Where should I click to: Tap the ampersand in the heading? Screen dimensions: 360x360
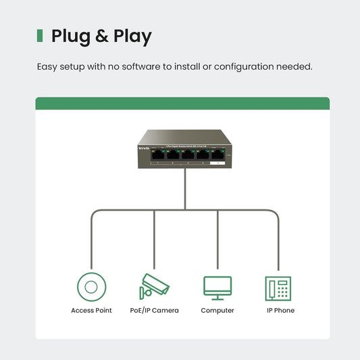pos(101,36)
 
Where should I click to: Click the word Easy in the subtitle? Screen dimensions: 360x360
pos(47,67)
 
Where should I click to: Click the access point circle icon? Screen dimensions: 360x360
pos(91,286)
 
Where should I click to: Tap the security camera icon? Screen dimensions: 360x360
pos(154,286)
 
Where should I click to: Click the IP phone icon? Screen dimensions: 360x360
pos(278,288)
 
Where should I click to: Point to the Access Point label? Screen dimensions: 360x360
pos(91,311)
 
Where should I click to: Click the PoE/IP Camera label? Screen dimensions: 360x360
pos(154,311)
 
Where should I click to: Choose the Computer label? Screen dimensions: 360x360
pos(217,311)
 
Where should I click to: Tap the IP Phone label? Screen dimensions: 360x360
pos(280,311)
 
